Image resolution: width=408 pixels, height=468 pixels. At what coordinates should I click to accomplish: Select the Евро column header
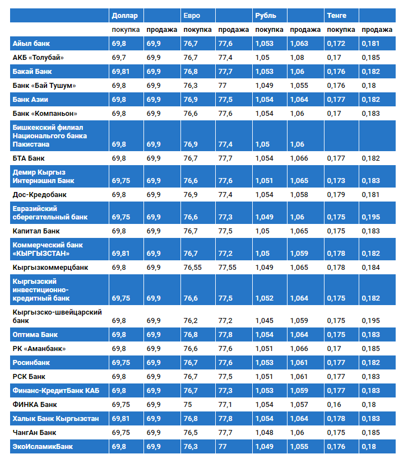(x=191, y=15)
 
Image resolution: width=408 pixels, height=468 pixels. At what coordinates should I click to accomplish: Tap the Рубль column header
(x=265, y=15)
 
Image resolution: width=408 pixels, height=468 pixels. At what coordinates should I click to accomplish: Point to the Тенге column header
(x=337, y=15)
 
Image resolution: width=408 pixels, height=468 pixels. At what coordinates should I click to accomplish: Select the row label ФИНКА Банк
(x=35, y=404)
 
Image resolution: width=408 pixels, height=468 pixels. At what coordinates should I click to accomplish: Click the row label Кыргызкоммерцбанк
(x=50, y=268)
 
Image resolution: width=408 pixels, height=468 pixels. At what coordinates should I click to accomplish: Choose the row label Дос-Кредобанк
(x=39, y=195)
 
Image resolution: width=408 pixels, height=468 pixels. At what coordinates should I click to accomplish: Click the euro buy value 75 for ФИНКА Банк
(x=188, y=404)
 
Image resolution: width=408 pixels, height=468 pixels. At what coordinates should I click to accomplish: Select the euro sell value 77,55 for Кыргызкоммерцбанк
(x=227, y=268)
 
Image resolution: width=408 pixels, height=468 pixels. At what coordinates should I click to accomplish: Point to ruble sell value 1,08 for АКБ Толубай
(x=298, y=58)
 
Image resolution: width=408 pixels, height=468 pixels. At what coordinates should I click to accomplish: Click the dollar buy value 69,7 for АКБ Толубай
(x=119, y=58)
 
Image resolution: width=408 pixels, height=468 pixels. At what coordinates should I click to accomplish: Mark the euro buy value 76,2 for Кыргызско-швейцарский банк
(x=191, y=321)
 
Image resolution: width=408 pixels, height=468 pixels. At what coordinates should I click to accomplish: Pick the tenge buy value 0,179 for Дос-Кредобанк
(x=336, y=195)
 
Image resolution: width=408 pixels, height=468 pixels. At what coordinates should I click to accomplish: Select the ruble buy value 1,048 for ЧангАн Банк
(x=264, y=432)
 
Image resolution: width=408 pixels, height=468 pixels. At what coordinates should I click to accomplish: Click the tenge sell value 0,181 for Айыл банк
(x=370, y=44)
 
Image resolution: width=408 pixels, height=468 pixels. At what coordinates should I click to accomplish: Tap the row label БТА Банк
(x=29, y=158)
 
